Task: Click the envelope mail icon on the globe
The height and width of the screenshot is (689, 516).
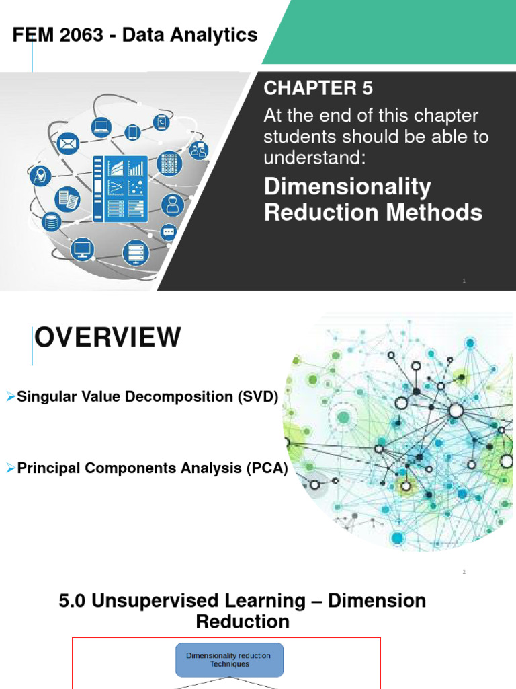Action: (x=68, y=143)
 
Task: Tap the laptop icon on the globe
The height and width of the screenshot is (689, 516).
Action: (x=101, y=125)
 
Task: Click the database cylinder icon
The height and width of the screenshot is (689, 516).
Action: (x=50, y=221)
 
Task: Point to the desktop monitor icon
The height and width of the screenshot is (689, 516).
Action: (x=83, y=250)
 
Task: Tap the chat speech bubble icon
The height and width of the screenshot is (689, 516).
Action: (x=168, y=232)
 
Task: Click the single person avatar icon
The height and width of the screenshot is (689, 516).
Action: (x=173, y=205)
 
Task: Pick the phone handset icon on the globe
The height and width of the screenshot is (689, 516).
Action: (x=161, y=122)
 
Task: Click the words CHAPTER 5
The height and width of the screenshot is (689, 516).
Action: (x=318, y=88)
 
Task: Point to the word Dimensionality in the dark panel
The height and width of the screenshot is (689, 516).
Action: (x=347, y=187)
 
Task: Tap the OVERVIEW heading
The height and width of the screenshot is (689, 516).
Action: (x=108, y=338)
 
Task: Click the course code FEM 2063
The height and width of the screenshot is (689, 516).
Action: (x=52, y=35)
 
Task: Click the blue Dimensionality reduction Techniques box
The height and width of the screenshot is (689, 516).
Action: (x=229, y=659)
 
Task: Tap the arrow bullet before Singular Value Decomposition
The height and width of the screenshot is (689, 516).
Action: (x=10, y=397)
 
